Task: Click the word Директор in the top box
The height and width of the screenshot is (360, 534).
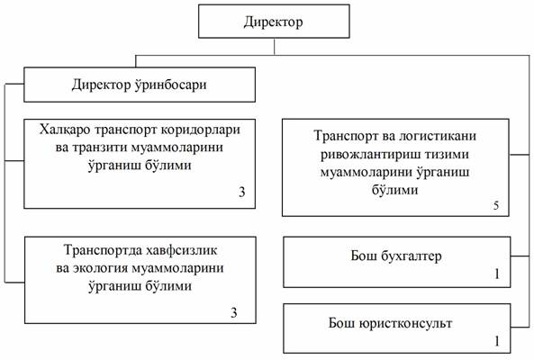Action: tap(273, 22)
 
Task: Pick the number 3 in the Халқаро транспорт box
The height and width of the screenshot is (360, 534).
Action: tap(242, 192)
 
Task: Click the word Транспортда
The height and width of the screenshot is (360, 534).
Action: tap(102, 250)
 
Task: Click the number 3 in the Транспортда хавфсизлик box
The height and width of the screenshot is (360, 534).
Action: tap(234, 312)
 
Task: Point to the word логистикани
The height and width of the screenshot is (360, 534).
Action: tap(437, 136)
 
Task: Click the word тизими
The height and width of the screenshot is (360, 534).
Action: tap(448, 155)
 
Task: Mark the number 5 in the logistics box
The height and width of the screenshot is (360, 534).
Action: tap(496, 205)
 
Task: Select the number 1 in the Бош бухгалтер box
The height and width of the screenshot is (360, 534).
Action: tap(497, 274)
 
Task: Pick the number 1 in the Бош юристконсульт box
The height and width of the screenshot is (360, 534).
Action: tap(497, 341)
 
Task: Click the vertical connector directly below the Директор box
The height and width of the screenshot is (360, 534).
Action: tap(274, 46)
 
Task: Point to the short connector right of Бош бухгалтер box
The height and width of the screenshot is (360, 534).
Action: tap(520, 256)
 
